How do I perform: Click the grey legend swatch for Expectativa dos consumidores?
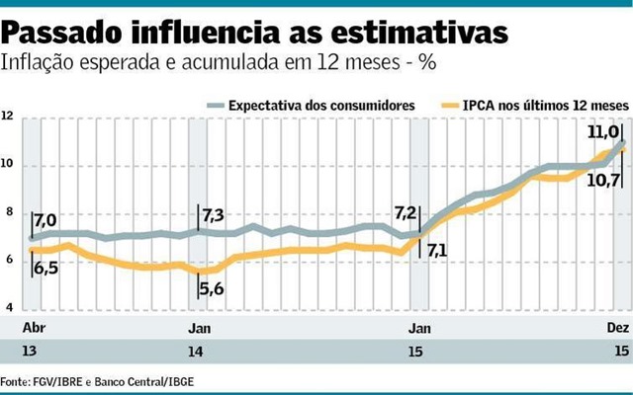point(214,104)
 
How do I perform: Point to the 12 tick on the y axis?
point(8,117)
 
